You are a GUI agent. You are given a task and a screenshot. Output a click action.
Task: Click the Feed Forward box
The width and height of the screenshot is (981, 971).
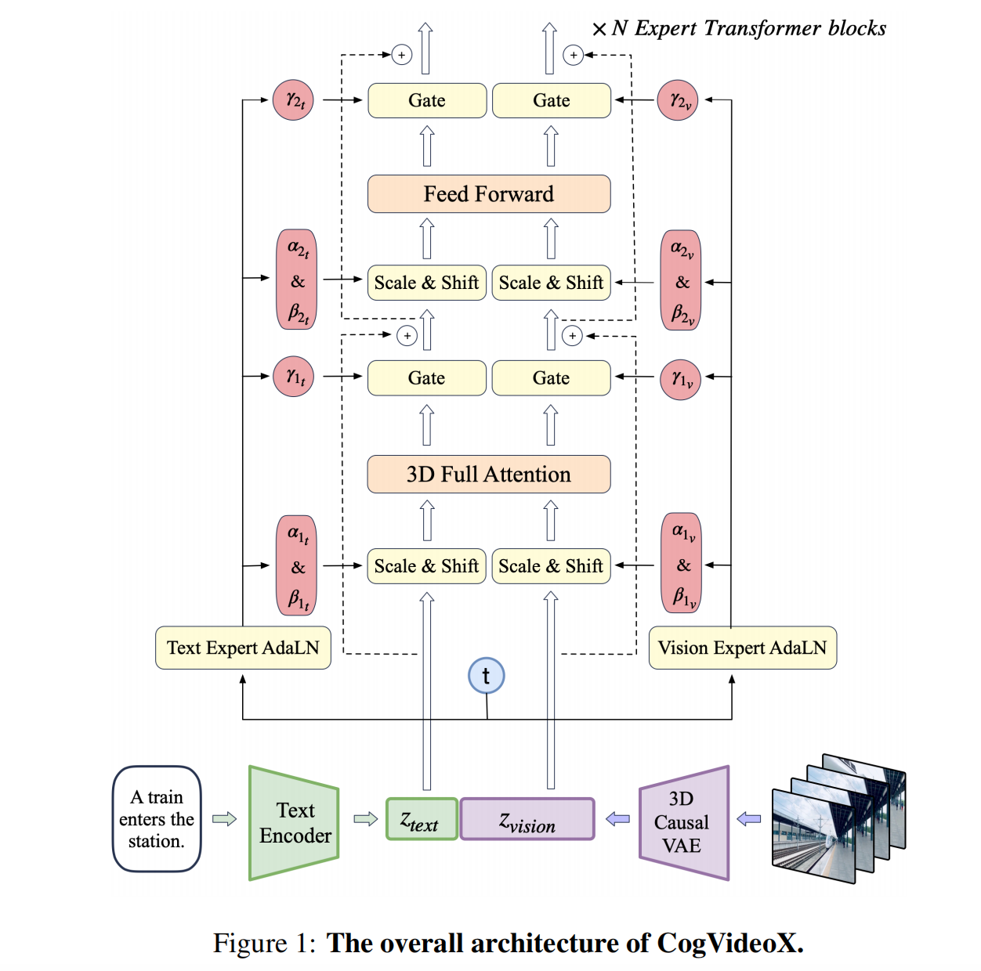click(489, 194)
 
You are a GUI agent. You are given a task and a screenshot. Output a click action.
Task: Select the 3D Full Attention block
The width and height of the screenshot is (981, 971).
click(489, 474)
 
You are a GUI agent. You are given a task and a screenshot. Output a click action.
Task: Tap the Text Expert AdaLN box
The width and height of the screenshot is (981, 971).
click(243, 648)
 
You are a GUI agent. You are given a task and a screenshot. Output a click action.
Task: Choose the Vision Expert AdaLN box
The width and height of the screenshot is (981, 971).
click(742, 648)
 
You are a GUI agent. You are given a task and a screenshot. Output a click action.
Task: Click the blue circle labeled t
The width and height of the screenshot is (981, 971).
click(486, 676)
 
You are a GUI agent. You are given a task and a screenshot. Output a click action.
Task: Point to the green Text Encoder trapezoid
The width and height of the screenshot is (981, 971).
click(294, 823)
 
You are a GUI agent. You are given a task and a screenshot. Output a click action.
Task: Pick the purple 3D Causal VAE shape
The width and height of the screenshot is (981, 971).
click(684, 823)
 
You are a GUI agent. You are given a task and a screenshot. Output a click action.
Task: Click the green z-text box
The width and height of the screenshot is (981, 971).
click(422, 819)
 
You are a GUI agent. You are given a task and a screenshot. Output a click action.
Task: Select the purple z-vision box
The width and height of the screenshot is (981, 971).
click(527, 819)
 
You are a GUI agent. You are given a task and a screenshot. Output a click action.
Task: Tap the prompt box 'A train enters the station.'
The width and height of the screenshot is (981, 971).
click(157, 819)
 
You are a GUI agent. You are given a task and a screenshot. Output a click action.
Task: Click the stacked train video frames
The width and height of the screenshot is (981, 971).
click(838, 818)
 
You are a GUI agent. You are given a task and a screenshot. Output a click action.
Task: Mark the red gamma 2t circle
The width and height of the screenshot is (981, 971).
click(293, 99)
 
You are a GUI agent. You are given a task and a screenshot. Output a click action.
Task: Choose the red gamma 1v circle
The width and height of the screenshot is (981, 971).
click(680, 379)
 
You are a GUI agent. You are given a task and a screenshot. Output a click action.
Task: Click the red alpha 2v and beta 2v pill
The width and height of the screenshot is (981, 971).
click(681, 280)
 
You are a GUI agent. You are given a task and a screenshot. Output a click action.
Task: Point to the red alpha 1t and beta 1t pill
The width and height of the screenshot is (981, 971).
click(296, 565)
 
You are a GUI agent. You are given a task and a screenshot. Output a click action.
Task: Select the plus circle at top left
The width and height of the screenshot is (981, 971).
click(402, 55)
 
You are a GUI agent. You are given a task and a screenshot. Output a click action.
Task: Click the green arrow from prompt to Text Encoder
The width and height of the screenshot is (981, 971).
click(225, 819)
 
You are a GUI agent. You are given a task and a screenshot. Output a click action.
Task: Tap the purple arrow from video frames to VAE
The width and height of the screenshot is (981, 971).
click(749, 819)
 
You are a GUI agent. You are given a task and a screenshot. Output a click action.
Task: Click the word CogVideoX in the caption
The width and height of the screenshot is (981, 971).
click(730, 943)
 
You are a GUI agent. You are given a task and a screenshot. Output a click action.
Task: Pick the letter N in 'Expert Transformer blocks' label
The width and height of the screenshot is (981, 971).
click(619, 28)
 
